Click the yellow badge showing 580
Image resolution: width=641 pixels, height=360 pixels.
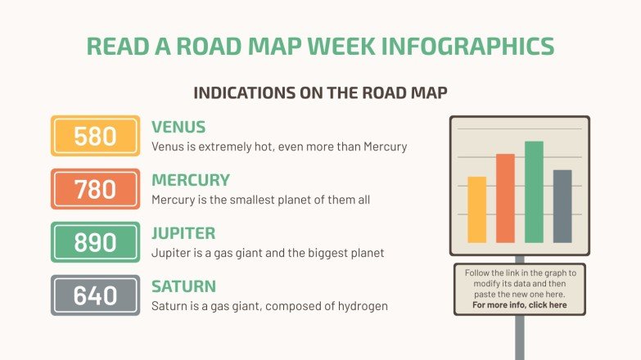tap(95, 136)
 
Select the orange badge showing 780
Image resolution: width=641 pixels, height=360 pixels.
tap(95, 189)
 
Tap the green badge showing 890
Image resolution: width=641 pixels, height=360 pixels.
tap(95, 242)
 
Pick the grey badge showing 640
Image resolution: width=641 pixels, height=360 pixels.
tap(95, 295)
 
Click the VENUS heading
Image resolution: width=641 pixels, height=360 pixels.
tap(178, 127)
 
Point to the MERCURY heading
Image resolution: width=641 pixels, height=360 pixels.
tap(191, 180)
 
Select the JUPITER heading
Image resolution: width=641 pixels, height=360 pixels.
tap(183, 233)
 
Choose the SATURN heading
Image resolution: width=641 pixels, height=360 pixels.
tap(183, 286)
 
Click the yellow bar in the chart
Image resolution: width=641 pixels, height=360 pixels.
tap(476, 209)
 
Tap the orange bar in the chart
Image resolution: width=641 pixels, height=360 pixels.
tap(505, 198)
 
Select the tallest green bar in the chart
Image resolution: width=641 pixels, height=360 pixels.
tap(534, 192)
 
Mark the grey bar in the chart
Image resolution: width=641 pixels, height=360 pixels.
tap(562, 206)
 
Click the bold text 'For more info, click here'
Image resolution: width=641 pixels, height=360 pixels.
tap(519, 305)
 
